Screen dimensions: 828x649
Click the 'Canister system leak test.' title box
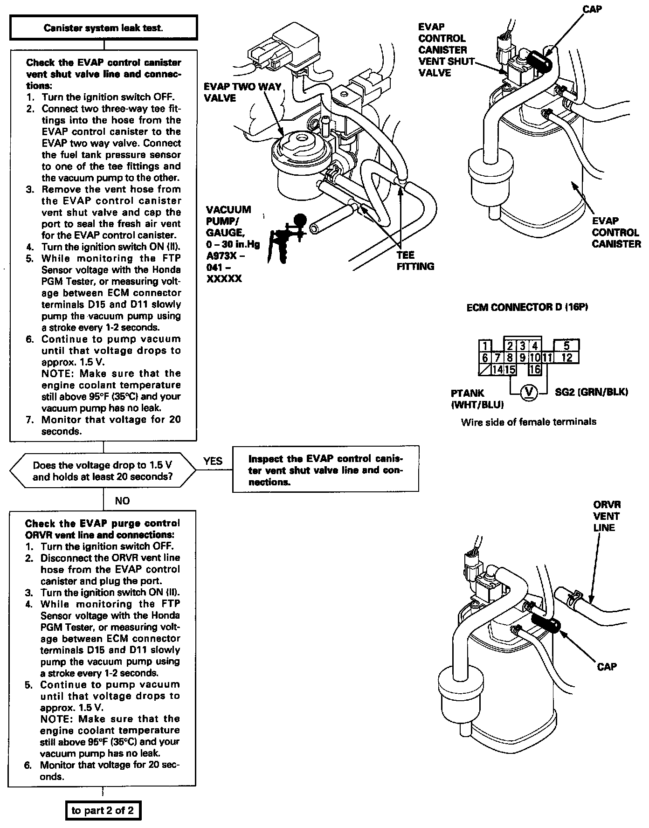tap(104, 28)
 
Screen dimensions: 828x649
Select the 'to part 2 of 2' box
tap(103, 810)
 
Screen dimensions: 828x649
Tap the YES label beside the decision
tap(213, 461)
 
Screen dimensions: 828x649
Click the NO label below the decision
tap(122, 501)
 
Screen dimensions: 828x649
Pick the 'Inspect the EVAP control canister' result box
tap(325, 470)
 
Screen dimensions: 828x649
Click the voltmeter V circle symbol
tap(528, 392)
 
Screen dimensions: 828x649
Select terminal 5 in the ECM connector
tap(566, 346)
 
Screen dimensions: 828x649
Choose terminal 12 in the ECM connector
tap(566, 358)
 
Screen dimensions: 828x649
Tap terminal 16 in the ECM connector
tap(535, 370)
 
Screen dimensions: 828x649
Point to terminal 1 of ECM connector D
tap(485, 346)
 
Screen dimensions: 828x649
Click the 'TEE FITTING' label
tap(415, 261)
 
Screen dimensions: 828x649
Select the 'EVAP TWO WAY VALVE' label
tap(242, 92)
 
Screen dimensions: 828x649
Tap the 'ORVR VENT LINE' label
tap(607, 516)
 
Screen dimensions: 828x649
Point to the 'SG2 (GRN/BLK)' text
tap(591, 392)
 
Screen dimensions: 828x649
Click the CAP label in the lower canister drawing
tap(607, 667)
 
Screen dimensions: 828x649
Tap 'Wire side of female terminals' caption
tap(528, 422)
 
